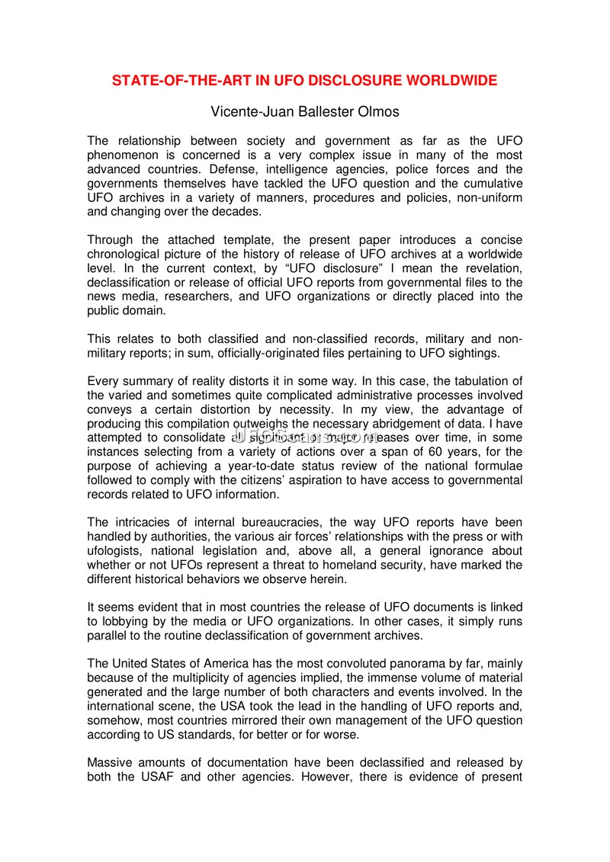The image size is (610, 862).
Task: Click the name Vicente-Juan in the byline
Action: (246, 112)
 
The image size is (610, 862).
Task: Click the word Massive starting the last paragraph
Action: (112, 762)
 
